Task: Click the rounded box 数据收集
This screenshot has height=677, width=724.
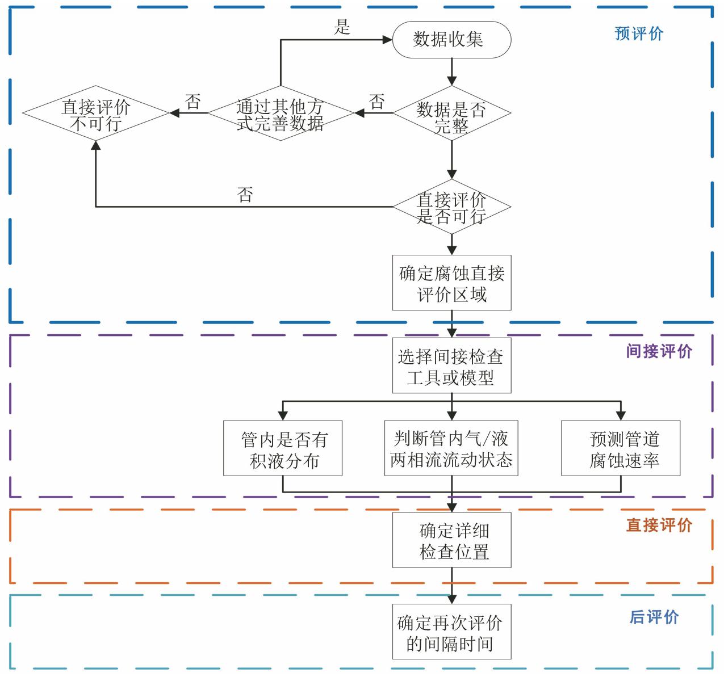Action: click(451, 39)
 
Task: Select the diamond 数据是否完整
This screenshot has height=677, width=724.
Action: click(451, 113)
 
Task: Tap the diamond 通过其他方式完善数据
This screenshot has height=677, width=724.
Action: click(281, 113)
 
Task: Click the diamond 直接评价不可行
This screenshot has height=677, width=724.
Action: click(95, 113)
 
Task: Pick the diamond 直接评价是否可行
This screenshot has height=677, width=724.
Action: click(451, 207)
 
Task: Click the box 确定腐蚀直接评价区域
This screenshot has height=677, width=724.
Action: click(451, 283)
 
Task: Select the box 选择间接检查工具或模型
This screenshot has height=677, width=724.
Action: click(451, 365)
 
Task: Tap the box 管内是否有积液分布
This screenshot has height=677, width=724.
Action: click(283, 448)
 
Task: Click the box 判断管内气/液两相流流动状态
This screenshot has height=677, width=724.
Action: click(451, 448)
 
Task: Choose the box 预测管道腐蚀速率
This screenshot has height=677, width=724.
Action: click(621, 448)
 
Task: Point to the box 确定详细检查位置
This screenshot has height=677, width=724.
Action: click(451, 540)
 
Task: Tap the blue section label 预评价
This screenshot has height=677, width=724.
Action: click(639, 33)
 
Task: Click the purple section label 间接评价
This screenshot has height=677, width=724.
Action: click(659, 351)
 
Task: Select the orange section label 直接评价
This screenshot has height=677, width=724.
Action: click(659, 525)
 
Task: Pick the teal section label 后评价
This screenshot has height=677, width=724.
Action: click(654, 617)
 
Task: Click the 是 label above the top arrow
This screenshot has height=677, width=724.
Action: click(342, 27)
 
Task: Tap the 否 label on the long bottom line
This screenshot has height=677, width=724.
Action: click(245, 195)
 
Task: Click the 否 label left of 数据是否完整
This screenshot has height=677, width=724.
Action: click(376, 102)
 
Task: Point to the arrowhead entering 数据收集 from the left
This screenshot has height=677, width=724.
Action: click(387, 40)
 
